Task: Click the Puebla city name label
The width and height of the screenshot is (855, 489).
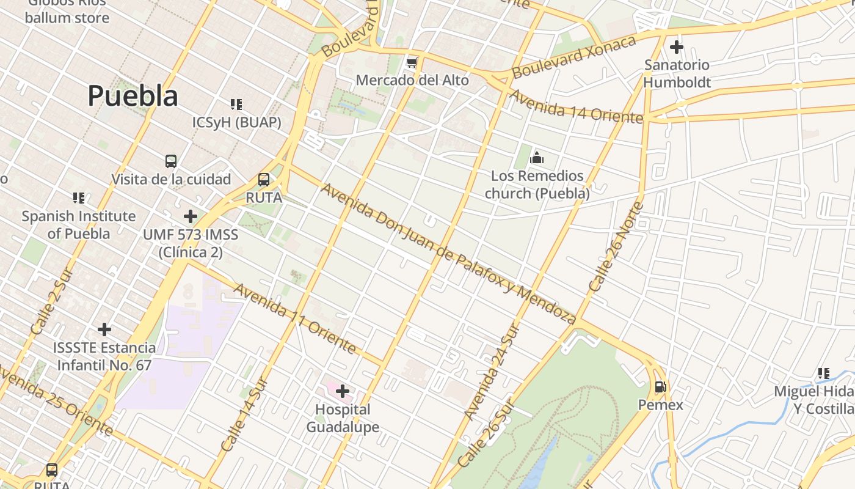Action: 133,96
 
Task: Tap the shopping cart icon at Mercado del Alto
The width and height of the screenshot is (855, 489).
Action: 412,62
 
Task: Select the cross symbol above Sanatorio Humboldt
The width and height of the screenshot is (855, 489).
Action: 677,46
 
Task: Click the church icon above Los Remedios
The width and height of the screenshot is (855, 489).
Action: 537,158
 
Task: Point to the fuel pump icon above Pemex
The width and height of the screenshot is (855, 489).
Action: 660,386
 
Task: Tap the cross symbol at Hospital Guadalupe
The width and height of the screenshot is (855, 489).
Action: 343,391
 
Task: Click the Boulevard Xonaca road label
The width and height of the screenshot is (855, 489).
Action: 573,57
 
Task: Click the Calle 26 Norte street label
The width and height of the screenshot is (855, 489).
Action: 617,246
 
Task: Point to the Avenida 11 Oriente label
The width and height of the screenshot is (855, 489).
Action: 294,318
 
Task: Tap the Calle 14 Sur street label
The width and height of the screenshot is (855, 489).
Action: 244,416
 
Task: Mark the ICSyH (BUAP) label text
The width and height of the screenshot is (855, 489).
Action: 237,122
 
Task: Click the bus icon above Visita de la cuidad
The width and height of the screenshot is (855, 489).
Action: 171,161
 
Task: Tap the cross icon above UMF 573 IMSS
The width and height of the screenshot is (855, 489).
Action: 191,216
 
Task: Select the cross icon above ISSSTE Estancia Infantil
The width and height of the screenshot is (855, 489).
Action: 104,329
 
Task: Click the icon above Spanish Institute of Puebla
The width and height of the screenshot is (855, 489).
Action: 79,198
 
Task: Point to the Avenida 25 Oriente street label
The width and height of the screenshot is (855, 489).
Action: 55,400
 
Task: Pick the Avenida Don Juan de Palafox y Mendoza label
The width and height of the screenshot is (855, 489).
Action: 448,254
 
